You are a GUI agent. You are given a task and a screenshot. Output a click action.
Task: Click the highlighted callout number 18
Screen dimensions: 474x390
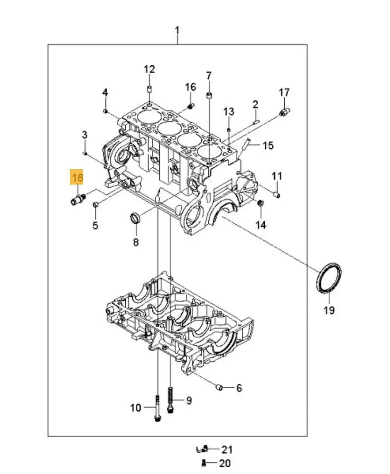pyautogui.click(x=77, y=178)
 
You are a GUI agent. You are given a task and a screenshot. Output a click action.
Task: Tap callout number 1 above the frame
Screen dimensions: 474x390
pyautogui.click(x=177, y=32)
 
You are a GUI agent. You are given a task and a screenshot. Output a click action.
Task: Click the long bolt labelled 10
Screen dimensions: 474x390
pyautogui.click(x=157, y=408)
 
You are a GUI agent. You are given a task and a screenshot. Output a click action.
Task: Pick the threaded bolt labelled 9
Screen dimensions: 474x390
pyautogui.click(x=170, y=400)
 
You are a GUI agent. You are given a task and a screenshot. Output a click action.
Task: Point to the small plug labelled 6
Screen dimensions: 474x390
pyautogui.click(x=220, y=388)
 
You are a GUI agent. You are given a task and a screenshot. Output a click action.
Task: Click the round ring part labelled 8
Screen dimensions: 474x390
pyautogui.click(x=135, y=219)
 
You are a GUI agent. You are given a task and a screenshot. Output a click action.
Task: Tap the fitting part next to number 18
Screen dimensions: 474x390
pyautogui.click(x=77, y=199)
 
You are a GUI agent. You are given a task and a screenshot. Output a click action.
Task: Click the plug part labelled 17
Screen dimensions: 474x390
pyautogui.click(x=285, y=112)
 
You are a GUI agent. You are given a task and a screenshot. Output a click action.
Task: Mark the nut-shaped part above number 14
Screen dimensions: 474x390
pyautogui.click(x=260, y=203)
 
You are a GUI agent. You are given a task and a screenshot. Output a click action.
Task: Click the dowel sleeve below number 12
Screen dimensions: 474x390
pyautogui.click(x=149, y=89)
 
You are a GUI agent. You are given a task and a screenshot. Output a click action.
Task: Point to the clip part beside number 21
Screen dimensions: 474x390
pyautogui.click(x=203, y=448)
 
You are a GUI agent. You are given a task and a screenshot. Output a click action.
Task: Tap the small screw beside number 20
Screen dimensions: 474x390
pyautogui.click(x=204, y=463)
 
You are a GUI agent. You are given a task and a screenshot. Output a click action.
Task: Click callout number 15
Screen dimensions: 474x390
pyautogui.click(x=268, y=145)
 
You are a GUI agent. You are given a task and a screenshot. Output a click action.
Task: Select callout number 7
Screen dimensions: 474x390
pyautogui.click(x=208, y=75)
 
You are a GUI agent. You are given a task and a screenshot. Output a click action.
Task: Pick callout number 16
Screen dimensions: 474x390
pyautogui.click(x=190, y=87)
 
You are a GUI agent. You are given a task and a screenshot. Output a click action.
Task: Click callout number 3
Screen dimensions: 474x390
pyautogui.click(x=84, y=135)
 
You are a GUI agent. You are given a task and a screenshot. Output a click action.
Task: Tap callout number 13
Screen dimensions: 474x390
pyautogui.click(x=229, y=111)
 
